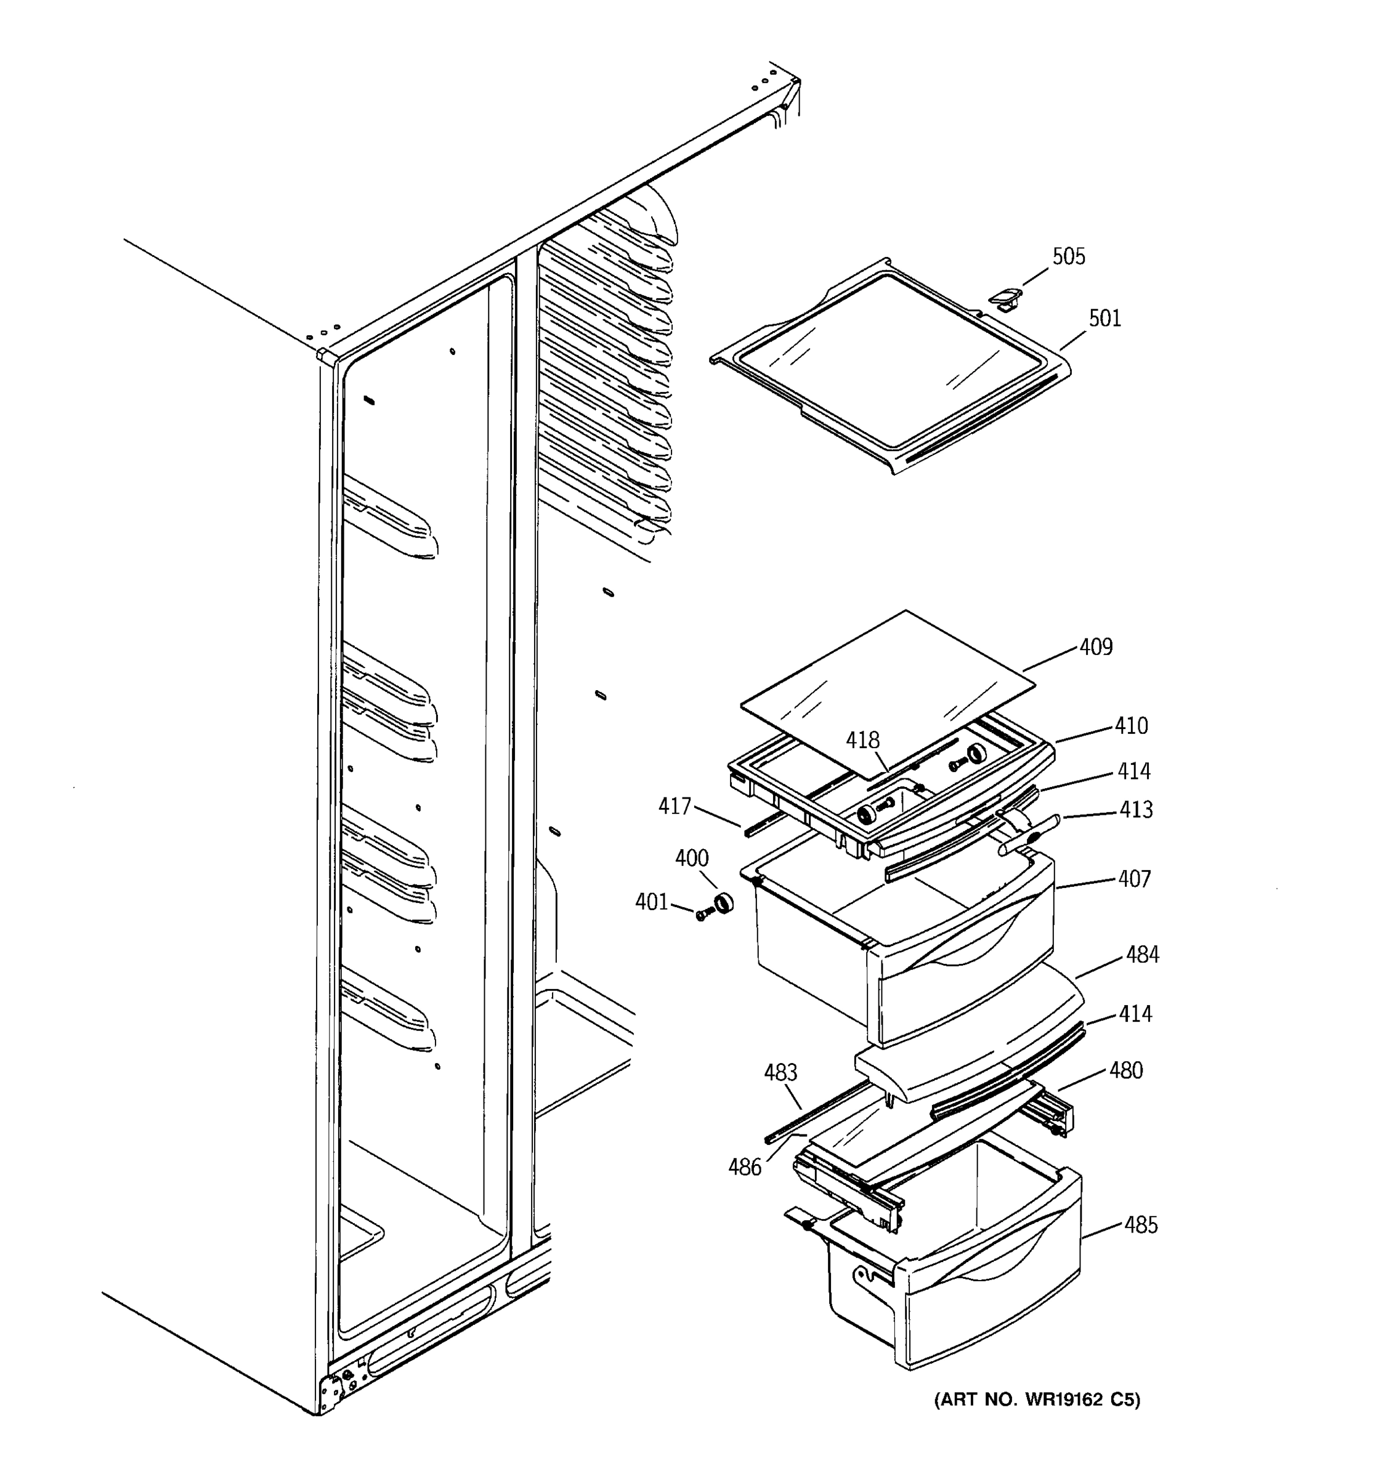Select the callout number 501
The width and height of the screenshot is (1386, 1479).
click(1104, 319)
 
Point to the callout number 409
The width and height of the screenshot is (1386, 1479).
click(1095, 647)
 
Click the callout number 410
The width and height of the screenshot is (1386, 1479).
click(1130, 725)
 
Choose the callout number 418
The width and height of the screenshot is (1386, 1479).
click(862, 740)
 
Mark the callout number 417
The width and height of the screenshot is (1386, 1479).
click(675, 805)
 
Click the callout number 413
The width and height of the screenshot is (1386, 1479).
click(1135, 809)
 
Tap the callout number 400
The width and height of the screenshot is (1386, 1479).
click(692, 858)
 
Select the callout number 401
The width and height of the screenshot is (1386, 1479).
click(651, 902)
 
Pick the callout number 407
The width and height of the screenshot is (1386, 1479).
click(1134, 879)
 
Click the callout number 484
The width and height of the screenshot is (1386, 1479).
click(1142, 955)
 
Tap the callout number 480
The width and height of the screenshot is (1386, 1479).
click(1126, 1070)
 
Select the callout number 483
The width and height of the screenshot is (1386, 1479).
click(780, 1072)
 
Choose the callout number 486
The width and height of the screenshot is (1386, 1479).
click(744, 1167)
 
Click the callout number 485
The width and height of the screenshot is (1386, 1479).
click(1141, 1224)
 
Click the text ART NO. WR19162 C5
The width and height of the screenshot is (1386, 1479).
click(1037, 1400)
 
